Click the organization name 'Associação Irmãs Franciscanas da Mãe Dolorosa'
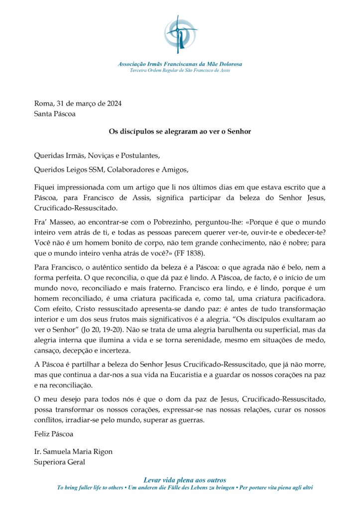(x=180, y=64)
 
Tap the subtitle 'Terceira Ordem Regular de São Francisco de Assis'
(x=180, y=70)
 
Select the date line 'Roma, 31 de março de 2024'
(x=78, y=104)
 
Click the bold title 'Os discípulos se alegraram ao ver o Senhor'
(x=180, y=131)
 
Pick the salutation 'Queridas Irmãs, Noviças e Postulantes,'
(x=97, y=155)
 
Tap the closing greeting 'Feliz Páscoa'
(x=54, y=434)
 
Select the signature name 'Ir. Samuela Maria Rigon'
(x=73, y=452)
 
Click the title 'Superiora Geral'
(x=60, y=462)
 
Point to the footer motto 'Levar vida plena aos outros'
(x=185, y=480)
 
